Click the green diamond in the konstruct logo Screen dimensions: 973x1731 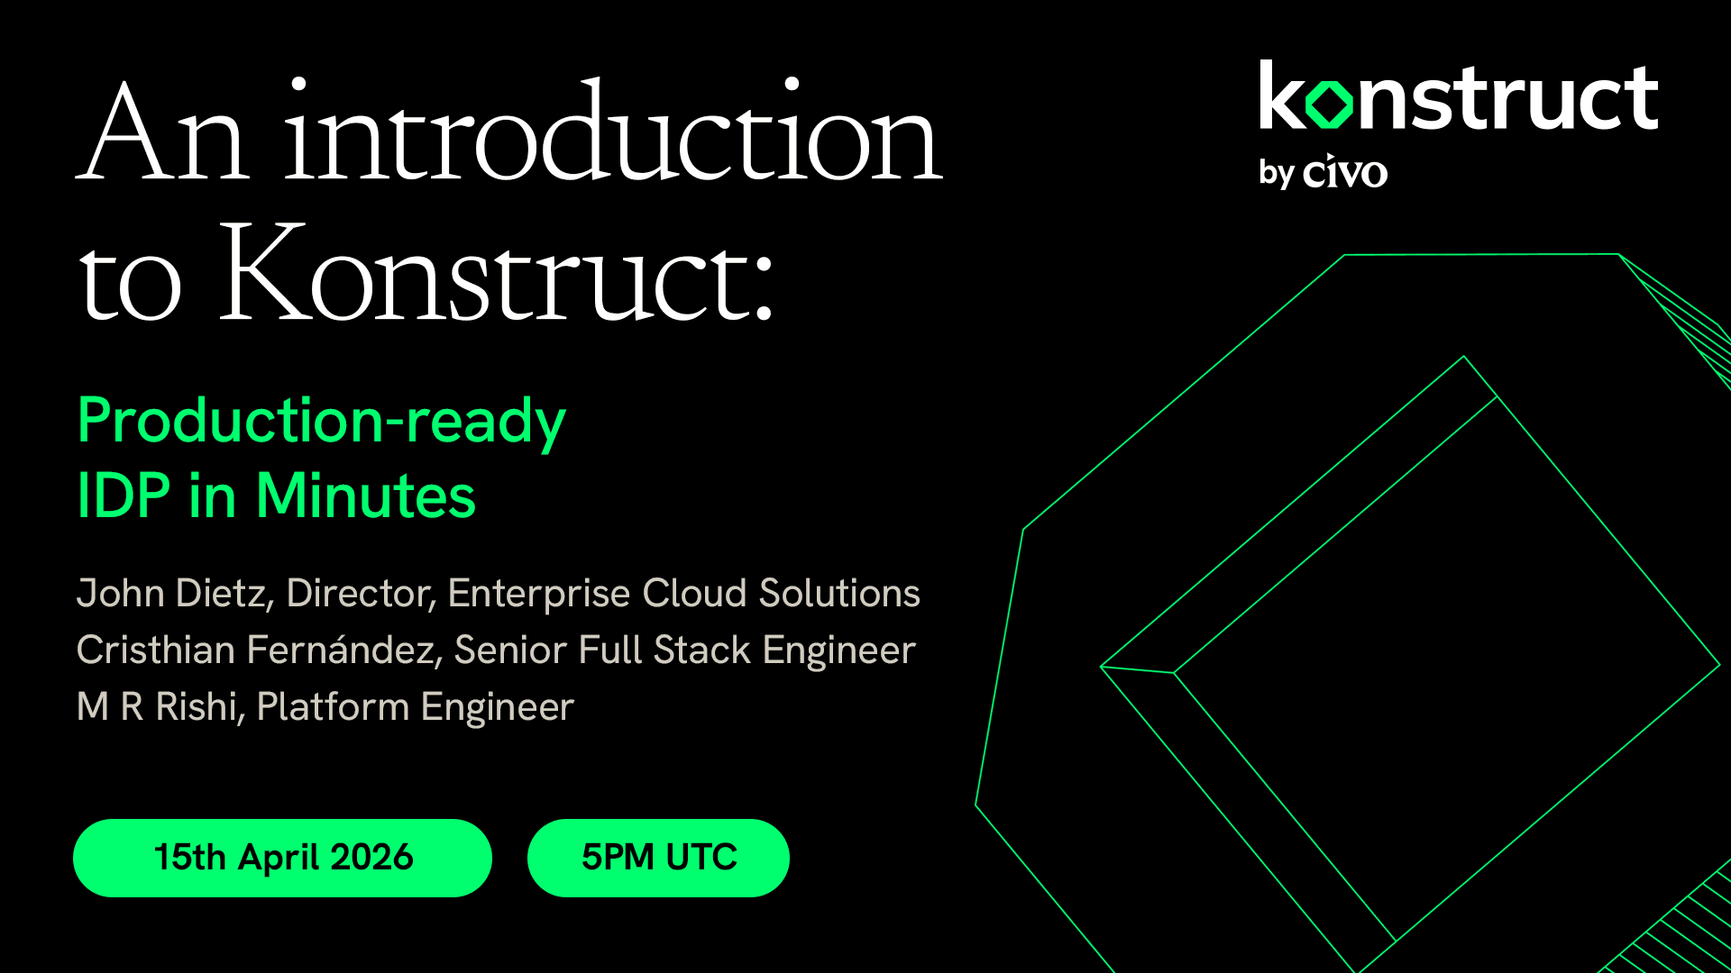1329,104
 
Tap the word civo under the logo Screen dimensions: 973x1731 1345,172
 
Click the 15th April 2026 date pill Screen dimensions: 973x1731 282,858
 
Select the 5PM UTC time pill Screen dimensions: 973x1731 658,858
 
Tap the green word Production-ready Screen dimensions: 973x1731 321,421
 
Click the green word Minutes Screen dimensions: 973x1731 365,496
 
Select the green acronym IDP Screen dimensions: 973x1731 124,496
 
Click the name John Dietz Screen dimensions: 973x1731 171,594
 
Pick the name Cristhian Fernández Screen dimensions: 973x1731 256,650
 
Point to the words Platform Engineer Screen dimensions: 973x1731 415,707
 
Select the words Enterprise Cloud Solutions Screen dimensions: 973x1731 683,594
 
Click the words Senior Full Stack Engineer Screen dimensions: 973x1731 684,650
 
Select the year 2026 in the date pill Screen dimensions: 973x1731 371,858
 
